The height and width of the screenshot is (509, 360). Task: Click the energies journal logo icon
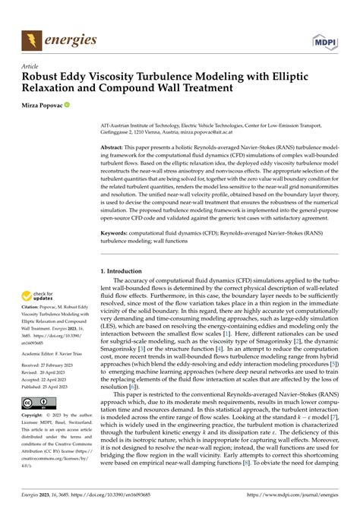click(x=32, y=37)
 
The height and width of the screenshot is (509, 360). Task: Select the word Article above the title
click(x=30, y=66)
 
